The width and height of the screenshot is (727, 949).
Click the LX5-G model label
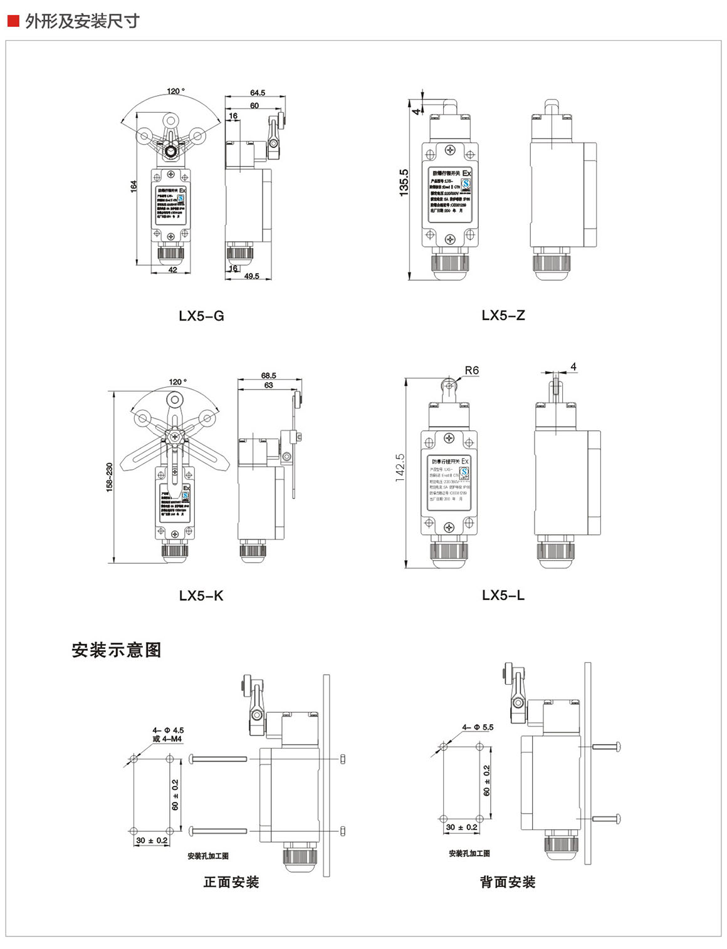[x=201, y=316]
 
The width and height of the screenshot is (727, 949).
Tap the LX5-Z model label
[x=503, y=315]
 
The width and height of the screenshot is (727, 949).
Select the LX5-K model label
[x=201, y=595]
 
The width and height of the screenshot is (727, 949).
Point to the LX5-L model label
[x=503, y=595]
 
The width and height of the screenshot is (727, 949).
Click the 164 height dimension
[x=133, y=186]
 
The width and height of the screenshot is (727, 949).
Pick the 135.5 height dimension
[x=404, y=182]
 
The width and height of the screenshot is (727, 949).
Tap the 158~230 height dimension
[x=109, y=477]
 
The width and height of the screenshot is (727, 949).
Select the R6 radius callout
[x=471, y=370]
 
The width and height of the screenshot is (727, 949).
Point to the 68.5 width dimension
[x=268, y=375]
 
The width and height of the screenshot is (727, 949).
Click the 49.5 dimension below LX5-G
[x=251, y=276]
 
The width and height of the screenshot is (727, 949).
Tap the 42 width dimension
[x=172, y=271]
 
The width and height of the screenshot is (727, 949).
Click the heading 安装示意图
[x=117, y=650]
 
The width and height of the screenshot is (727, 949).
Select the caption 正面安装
[x=231, y=882]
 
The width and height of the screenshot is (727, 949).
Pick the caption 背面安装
[x=508, y=882]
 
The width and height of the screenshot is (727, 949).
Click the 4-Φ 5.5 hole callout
[x=478, y=727]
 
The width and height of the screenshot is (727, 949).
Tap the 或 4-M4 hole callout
[x=167, y=739]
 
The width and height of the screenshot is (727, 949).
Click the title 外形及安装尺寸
[x=82, y=21]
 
